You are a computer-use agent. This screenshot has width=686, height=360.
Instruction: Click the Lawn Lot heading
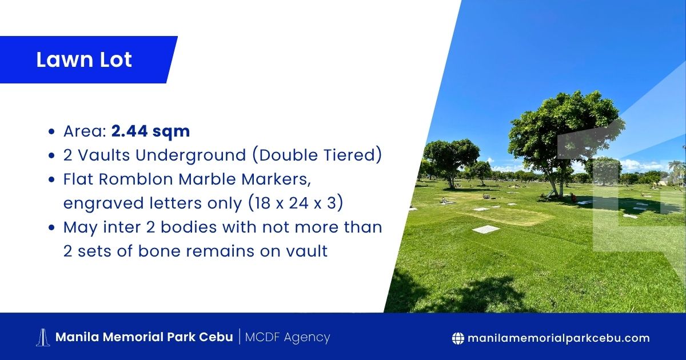coord(84,59)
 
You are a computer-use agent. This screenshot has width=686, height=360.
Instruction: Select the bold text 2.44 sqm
coord(151,131)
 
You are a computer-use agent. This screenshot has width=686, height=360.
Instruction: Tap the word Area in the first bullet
coord(85,131)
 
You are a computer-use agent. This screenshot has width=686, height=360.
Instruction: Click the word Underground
coord(191,155)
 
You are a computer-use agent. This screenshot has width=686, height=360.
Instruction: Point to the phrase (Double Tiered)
coord(317,155)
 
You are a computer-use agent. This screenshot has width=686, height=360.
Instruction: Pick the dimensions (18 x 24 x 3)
coord(296,203)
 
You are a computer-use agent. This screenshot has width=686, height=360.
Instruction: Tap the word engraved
coord(103,203)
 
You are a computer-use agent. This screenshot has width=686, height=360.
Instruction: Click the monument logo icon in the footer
coord(43,338)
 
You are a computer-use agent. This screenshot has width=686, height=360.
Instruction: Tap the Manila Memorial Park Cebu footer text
coord(144,337)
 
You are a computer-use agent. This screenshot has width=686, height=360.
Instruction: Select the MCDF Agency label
coord(288,338)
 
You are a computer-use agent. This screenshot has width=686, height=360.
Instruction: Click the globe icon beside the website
coord(458,338)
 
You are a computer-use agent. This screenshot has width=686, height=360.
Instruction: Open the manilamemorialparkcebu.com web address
coord(559,338)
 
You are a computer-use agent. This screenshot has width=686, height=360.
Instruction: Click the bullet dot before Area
coord(52,132)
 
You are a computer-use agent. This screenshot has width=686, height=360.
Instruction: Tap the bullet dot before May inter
coord(52,228)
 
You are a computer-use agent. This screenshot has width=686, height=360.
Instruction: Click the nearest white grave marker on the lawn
coord(486,229)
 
